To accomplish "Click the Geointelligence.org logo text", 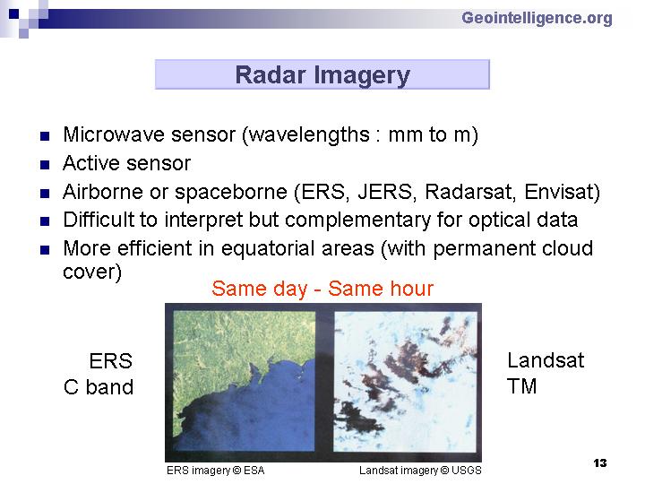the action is tap(537, 19).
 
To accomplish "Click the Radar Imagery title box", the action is tap(322, 74).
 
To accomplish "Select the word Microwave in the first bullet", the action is tap(114, 134).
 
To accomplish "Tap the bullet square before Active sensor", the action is tap(45, 165).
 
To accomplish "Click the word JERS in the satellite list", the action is tap(384, 192).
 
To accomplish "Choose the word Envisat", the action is tap(559, 192).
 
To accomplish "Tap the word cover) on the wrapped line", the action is tap(92, 272).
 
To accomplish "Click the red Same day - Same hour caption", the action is tap(322, 289).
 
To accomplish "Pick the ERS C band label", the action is tap(99, 374).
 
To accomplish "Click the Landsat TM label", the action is tap(546, 373).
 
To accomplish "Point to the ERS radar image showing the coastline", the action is tap(244, 381).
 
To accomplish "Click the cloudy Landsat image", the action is tap(405, 382).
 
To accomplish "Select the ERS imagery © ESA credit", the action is tap(215, 471).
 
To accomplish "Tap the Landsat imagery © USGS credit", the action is tap(420, 471).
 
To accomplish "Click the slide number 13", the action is tap(600, 463).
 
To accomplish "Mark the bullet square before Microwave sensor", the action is tap(45, 136).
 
